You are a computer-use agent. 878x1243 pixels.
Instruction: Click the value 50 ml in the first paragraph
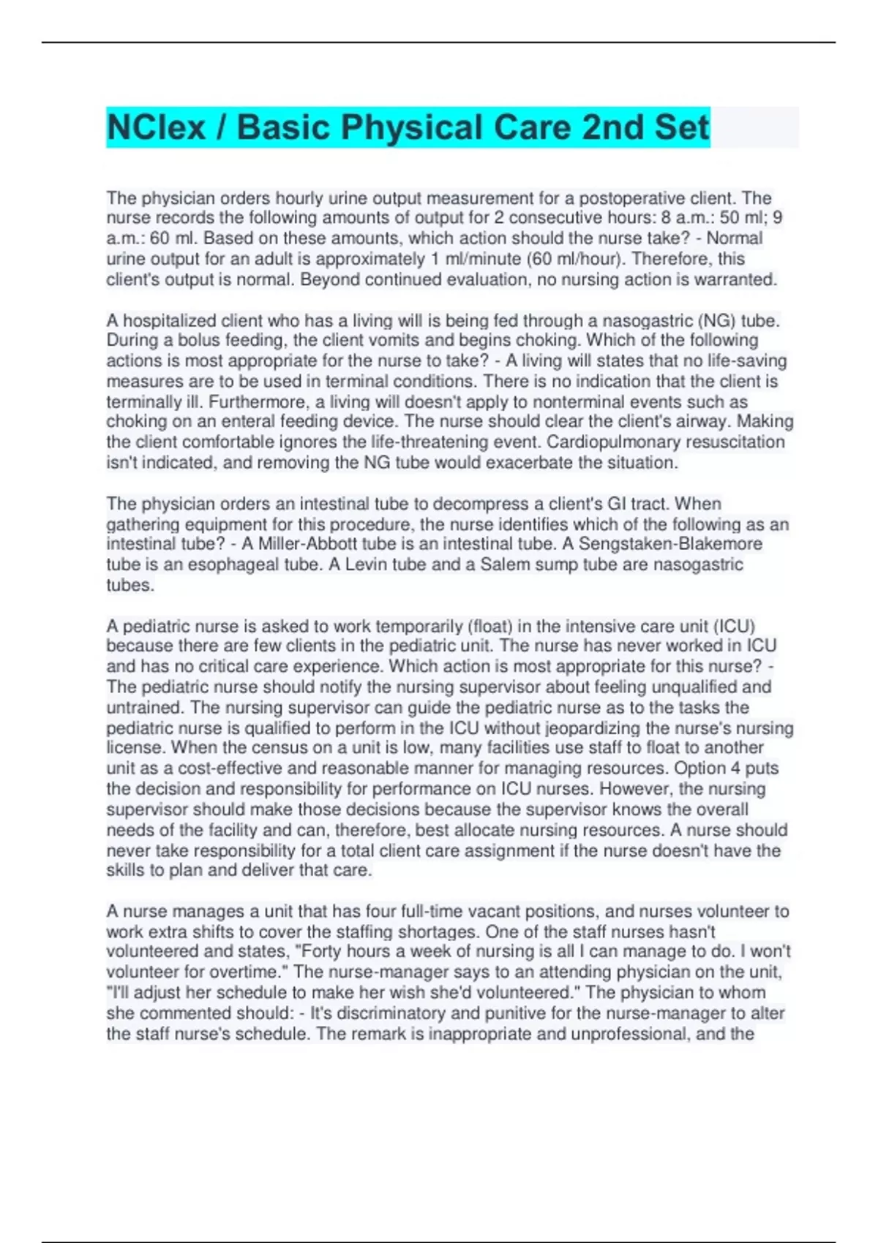pos(742,218)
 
